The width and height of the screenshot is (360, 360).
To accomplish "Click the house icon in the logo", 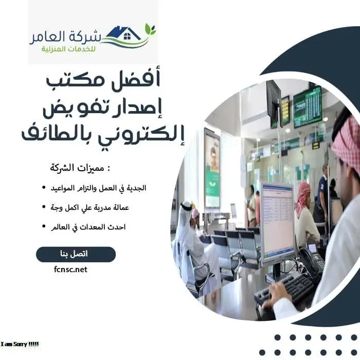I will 127,34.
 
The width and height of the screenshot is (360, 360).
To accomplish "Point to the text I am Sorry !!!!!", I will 20,344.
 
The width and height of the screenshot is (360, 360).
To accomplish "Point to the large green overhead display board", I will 307,106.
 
